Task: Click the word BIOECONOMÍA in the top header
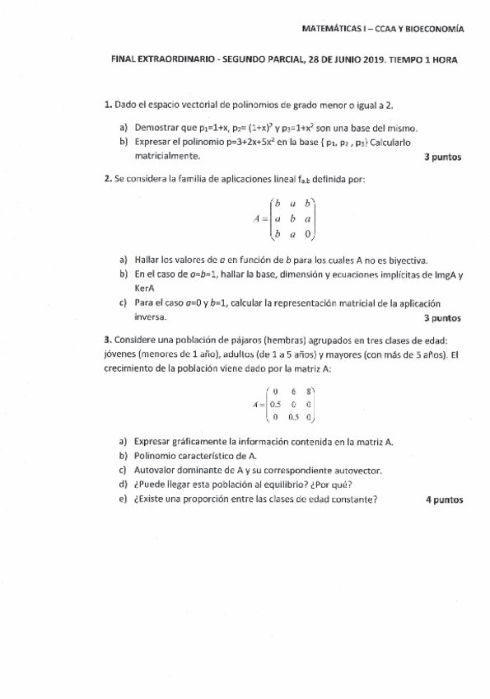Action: pyautogui.click(x=432, y=28)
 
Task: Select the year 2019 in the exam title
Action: pyautogui.click(x=339, y=60)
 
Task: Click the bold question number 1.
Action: pyautogui.click(x=108, y=106)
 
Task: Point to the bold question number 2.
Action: pyautogui.click(x=108, y=179)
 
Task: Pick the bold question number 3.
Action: pyautogui.click(x=108, y=339)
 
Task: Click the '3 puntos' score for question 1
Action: pyautogui.click(x=442, y=157)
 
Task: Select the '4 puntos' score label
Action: pyautogui.click(x=445, y=499)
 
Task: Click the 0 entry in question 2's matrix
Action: pyautogui.click(x=308, y=234)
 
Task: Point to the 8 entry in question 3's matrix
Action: pyautogui.click(x=308, y=392)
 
